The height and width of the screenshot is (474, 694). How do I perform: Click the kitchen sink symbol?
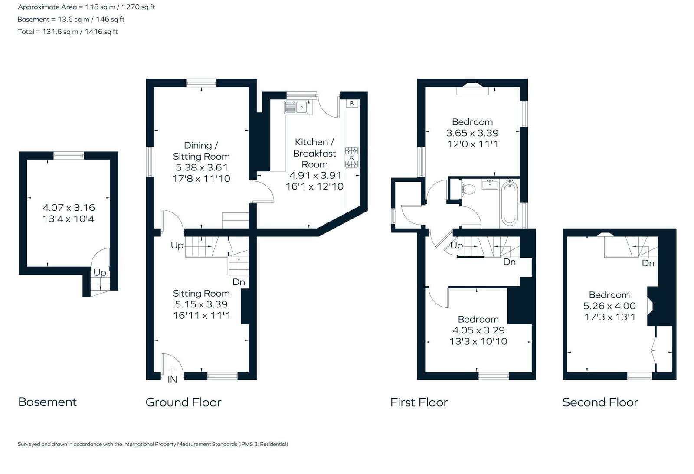pos(296,107)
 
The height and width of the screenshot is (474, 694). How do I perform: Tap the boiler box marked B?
pos(352,103)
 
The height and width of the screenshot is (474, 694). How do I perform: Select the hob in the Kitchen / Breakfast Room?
pos(351,157)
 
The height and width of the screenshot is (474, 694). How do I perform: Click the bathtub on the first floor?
pos(509,203)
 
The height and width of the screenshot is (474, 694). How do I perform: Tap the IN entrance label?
pos(172,380)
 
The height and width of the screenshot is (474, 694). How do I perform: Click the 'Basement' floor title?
pos(47,402)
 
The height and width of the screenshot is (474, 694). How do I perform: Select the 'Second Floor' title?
pos(600,402)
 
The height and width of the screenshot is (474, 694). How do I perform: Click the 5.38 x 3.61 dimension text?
pos(201,167)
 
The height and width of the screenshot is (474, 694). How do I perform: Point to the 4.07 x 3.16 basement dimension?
pos(69,208)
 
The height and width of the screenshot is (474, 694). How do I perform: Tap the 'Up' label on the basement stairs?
pos(100,273)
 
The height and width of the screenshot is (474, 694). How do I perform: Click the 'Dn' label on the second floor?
pos(648,263)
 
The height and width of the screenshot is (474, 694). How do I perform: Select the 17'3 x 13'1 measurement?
pos(609,317)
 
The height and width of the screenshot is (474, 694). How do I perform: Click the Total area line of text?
pos(68,32)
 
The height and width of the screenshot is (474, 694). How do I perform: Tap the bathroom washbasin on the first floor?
pos(491,184)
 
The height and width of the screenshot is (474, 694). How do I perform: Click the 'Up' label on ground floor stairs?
pos(177,245)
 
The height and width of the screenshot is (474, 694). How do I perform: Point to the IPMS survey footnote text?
pos(153,444)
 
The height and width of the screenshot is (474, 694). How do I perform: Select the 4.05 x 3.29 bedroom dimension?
pos(478,330)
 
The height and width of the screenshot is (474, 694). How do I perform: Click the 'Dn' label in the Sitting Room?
pos(239,282)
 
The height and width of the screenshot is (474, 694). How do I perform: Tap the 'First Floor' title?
pos(419,402)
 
